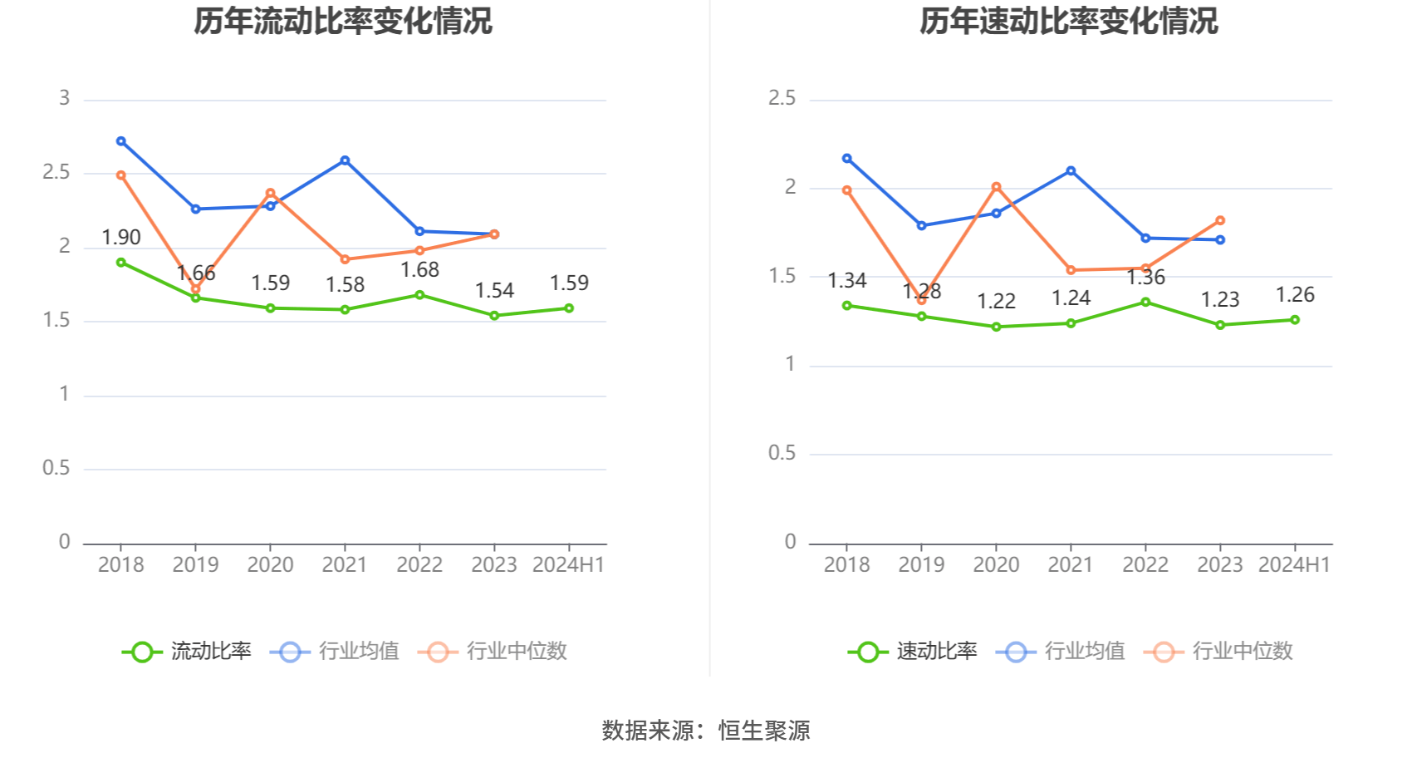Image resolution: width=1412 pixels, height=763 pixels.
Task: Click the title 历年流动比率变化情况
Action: click(x=343, y=21)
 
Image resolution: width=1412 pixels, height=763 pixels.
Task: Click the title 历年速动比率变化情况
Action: click(x=1068, y=21)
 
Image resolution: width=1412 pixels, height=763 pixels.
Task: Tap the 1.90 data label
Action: click(x=121, y=238)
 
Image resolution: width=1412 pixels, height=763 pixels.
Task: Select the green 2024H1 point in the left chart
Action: click(x=569, y=308)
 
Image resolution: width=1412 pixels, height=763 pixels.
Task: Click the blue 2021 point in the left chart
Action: click(x=345, y=160)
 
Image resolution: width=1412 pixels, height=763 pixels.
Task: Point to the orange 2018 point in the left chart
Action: click(x=121, y=175)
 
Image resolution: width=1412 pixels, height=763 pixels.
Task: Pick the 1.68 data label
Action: click(x=419, y=270)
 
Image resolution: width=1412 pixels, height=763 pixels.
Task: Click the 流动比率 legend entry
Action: click(x=188, y=652)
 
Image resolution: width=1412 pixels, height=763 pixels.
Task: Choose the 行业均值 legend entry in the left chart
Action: click(x=336, y=652)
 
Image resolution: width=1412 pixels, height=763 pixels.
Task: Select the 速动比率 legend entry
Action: click(x=914, y=652)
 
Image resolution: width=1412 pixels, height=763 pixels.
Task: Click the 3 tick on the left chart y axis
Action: click(x=64, y=99)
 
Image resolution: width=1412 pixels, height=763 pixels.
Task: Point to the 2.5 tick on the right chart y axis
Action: click(x=782, y=99)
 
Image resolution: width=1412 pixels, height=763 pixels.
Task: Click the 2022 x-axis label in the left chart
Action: click(x=419, y=565)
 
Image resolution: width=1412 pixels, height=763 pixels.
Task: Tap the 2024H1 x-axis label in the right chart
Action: click(x=1294, y=565)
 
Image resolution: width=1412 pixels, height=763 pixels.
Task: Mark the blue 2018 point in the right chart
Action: click(x=847, y=159)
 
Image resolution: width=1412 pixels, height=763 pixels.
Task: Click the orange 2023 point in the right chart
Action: click(x=1220, y=221)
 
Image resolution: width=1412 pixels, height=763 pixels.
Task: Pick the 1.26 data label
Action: click(x=1295, y=295)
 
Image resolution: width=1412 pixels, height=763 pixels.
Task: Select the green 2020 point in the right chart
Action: click(x=997, y=327)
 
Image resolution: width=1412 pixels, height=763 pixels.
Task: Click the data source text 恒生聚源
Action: click(x=764, y=731)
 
